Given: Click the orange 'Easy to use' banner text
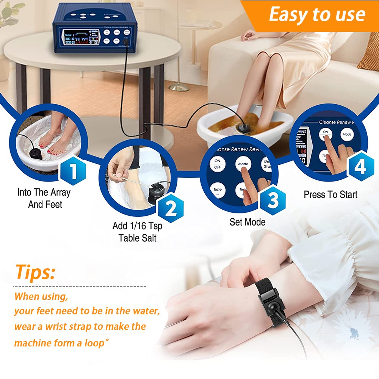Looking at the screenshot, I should tap(317, 15).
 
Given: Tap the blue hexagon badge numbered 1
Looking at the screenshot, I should tap(73, 172).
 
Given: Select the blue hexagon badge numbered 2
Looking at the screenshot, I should tap(171, 208).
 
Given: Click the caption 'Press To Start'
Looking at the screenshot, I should tap(330, 195).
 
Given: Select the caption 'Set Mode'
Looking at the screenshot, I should tap(247, 222).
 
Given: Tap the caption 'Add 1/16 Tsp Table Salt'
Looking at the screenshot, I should tap(137, 232).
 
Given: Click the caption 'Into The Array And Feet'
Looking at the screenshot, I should tap(44, 198).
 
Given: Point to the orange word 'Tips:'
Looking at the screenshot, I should tap(35, 272).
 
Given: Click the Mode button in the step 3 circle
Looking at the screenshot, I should tap(243, 164).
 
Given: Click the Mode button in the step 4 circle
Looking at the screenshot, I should tap(347, 134).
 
